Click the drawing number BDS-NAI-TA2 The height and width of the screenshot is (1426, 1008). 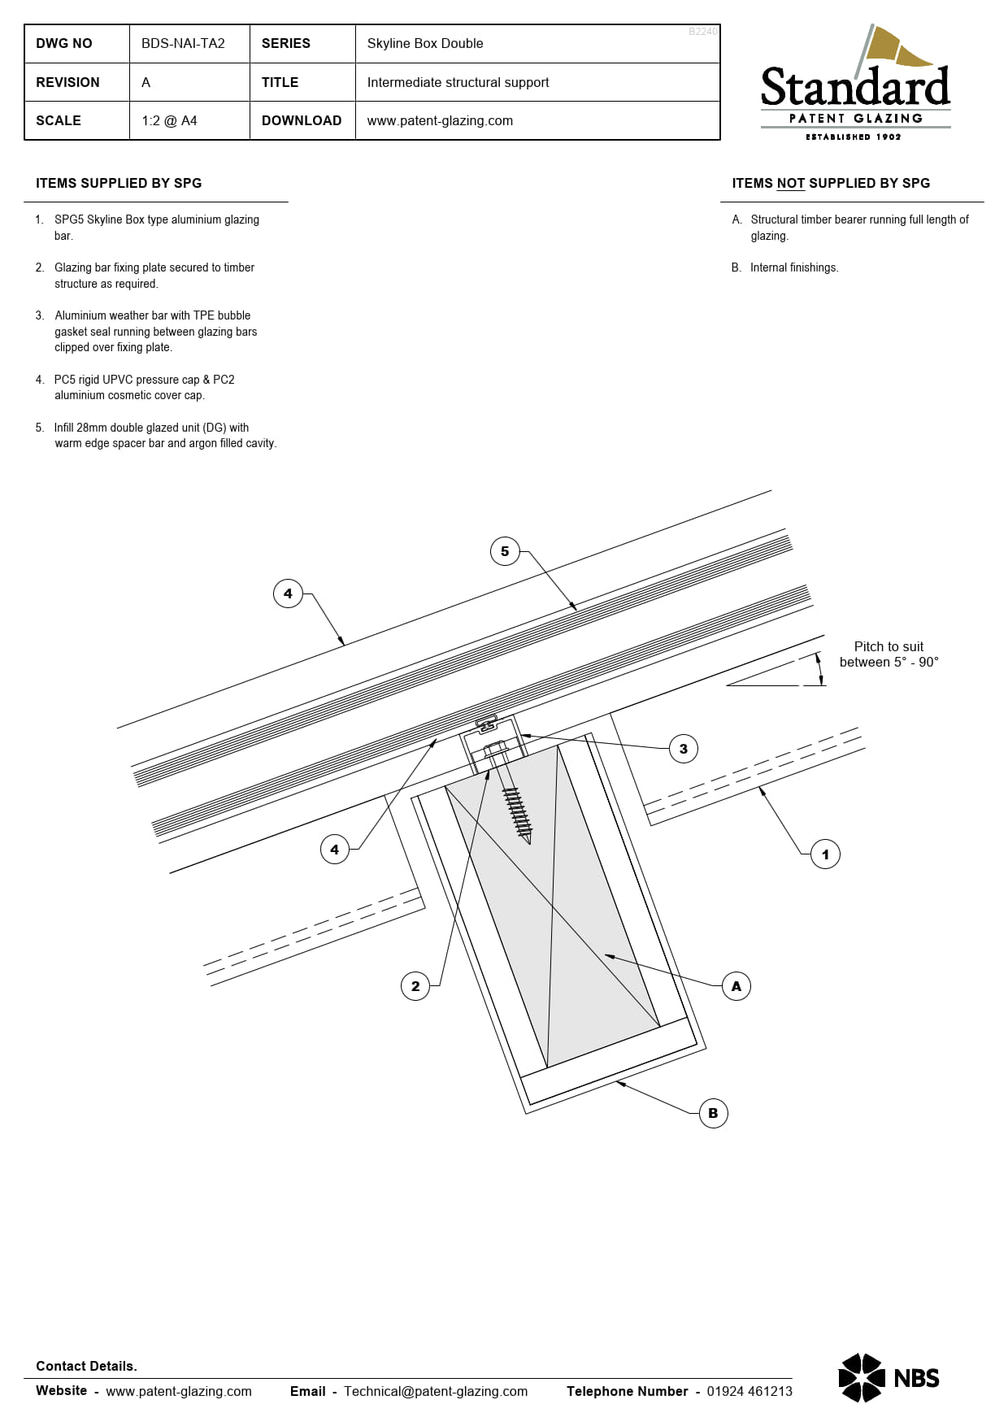point(183,44)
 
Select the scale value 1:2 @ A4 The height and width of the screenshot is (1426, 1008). point(169,121)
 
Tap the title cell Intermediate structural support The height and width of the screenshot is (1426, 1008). point(458,83)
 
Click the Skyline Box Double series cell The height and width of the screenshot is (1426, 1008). point(424,44)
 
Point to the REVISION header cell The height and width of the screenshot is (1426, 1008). point(67,83)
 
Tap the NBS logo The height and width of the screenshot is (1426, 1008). point(889,1378)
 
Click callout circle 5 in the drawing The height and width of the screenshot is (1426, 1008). point(505,551)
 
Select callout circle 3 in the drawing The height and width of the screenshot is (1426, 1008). point(683,749)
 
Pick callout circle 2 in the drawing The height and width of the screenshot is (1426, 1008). point(415,986)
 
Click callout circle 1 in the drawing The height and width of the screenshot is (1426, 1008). point(825,854)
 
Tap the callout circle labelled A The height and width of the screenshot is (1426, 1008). point(736,986)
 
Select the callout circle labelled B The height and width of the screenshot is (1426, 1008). point(713,1113)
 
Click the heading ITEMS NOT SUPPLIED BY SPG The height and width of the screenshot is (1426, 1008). point(831,184)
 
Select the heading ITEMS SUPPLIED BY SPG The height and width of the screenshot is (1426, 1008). point(119,184)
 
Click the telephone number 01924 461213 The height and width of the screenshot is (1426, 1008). point(749,1391)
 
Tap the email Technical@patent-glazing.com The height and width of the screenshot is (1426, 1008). point(436,1391)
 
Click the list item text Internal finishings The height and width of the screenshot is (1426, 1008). point(793,267)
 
